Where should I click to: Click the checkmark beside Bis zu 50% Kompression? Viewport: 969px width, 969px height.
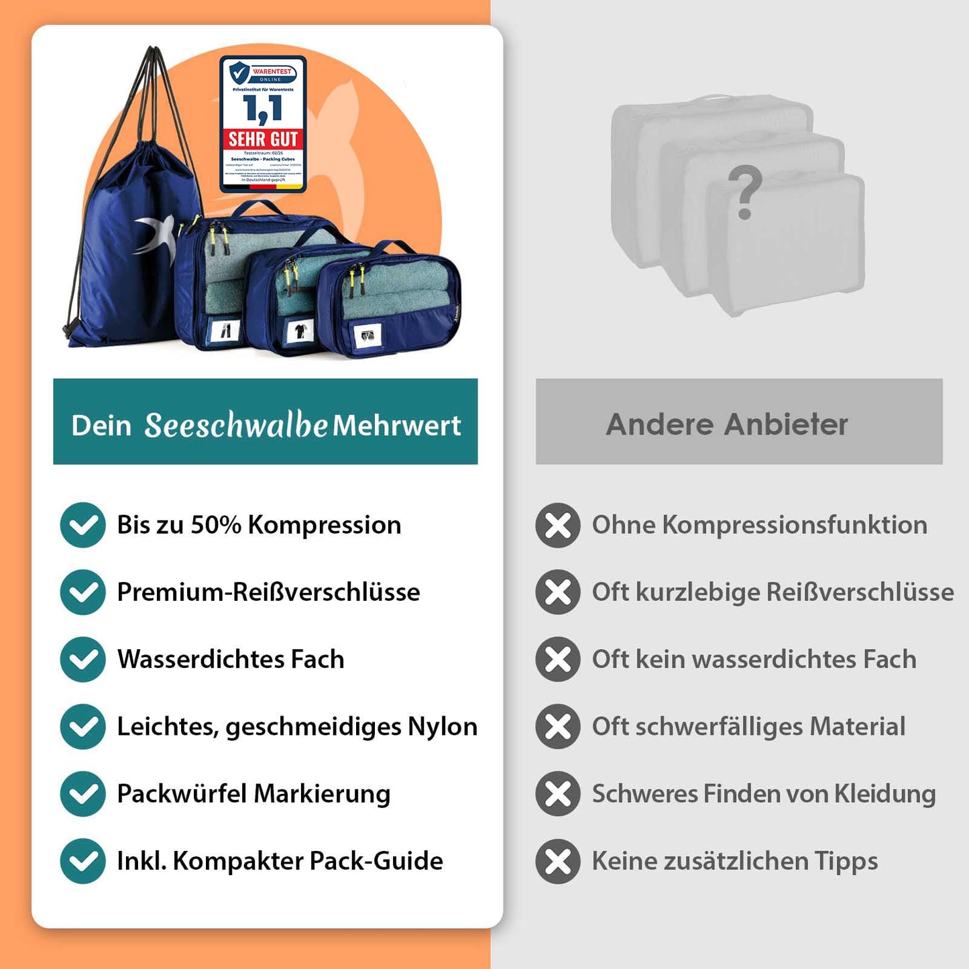82,525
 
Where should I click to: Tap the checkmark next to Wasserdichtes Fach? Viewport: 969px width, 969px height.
82,659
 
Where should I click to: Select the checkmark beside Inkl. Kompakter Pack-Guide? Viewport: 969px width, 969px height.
82,861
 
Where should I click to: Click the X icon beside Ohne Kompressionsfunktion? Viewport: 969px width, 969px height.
558,525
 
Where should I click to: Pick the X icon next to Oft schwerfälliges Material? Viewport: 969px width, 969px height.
558,726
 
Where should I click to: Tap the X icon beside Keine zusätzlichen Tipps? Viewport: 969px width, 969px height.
558,861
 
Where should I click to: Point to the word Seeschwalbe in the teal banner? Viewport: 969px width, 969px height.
236,425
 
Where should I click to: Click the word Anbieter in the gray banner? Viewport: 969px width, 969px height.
786,424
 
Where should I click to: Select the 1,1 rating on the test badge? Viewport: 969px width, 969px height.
263,109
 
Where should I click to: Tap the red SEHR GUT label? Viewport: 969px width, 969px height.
263,139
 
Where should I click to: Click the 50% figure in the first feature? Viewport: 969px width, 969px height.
216,525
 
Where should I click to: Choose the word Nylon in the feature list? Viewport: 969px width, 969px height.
443,726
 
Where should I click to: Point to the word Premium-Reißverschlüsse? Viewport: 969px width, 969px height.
268,592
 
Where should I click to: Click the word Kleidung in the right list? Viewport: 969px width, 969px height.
885,794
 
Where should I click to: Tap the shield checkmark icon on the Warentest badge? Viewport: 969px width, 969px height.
239,72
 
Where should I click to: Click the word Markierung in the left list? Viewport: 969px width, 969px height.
322,794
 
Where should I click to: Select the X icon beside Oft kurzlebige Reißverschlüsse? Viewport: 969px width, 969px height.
558,592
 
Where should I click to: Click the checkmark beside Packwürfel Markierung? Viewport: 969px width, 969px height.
82,794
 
